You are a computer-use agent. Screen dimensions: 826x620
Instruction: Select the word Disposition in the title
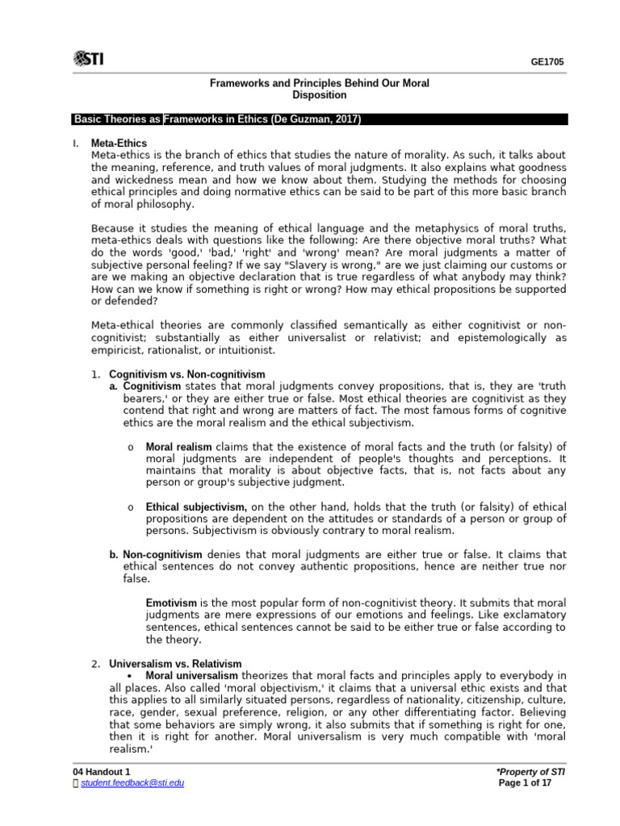click(319, 95)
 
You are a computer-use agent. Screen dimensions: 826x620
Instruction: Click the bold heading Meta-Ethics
click(119, 143)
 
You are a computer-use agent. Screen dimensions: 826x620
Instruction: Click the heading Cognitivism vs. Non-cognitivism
click(187, 374)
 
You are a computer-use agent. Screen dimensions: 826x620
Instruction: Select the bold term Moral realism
click(178, 447)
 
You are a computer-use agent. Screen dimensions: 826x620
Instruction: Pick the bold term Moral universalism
click(192, 675)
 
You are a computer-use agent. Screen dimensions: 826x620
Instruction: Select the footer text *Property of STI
click(527, 772)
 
